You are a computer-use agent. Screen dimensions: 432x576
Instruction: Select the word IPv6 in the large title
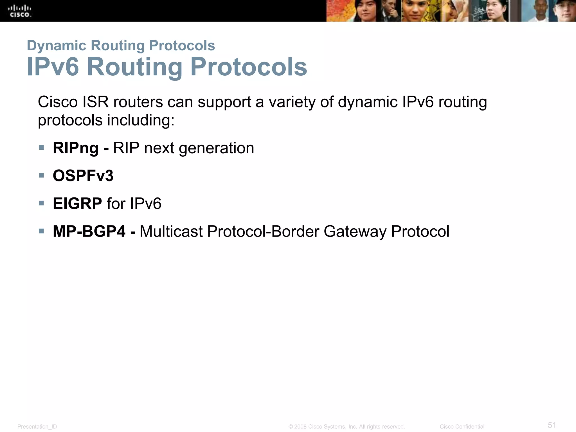53,67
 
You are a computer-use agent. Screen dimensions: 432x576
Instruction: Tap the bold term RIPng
76,148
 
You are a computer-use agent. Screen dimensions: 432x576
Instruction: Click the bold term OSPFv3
83,176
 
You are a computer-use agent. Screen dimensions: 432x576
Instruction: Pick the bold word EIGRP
77,204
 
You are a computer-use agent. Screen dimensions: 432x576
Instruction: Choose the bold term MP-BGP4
89,231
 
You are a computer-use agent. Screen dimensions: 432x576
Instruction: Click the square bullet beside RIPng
42,148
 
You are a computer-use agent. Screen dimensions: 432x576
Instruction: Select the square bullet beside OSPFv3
42,175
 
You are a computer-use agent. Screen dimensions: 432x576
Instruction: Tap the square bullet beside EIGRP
42,203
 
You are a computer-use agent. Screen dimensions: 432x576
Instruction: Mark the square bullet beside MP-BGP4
42,231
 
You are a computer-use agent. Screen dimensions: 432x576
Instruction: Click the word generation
216,148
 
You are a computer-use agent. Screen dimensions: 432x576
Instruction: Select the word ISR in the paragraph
95,102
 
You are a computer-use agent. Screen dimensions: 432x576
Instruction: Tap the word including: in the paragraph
141,121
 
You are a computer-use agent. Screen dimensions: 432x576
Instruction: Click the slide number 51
552,425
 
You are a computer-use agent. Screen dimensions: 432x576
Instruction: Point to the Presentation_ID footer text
37,427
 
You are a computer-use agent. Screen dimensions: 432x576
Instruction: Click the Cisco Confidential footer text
462,427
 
